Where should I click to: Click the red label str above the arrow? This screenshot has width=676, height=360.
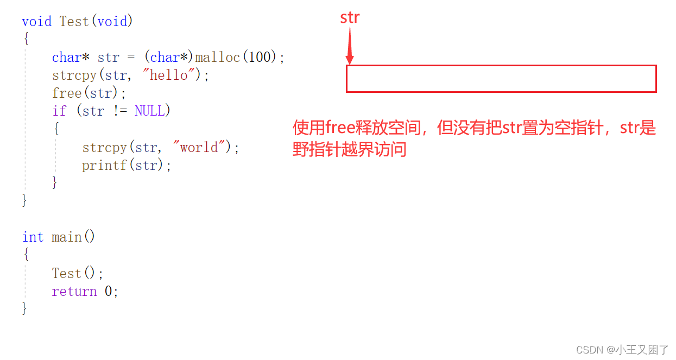tap(350, 17)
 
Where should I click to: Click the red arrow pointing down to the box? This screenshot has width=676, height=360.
tap(350, 46)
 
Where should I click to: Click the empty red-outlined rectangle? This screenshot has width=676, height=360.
tap(501, 79)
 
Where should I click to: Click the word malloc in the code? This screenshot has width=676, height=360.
tap(217, 57)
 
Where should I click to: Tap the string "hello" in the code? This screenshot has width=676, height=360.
tap(168, 75)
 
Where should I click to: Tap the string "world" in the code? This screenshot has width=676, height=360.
tap(199, 147)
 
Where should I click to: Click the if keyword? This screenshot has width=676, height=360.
tap(59, 111)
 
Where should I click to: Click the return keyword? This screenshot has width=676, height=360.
tap(74, 292)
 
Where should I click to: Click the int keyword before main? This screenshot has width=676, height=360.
tap(33, 237)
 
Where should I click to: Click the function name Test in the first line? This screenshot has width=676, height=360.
tap(74, 21)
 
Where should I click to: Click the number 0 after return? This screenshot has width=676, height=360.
tap(109, 292)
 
